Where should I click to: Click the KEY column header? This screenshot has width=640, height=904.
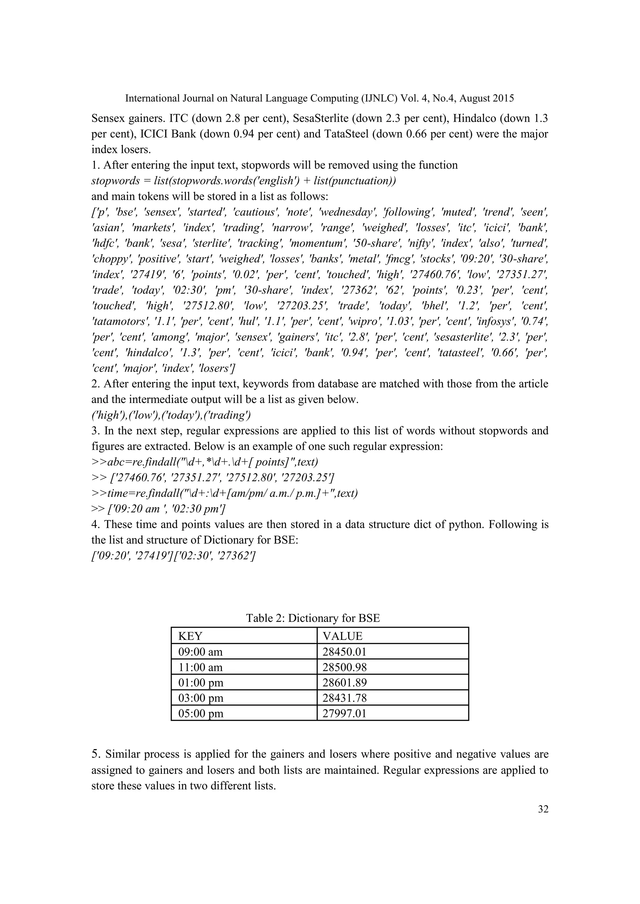[x=190, y=636]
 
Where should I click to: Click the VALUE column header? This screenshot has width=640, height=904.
[x=342, y=636]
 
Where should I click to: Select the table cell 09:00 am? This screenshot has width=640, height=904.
[x=200, y=651]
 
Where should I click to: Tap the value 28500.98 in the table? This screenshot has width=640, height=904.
[x=344, y=667]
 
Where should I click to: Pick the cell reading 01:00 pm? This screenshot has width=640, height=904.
[x=201, y=683]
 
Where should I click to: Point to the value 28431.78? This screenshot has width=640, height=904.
[x=344, y=698]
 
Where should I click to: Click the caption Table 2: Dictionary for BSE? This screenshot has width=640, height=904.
[x=313, y=618]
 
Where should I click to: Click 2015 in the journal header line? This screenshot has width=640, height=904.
[x=503, y=98]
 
